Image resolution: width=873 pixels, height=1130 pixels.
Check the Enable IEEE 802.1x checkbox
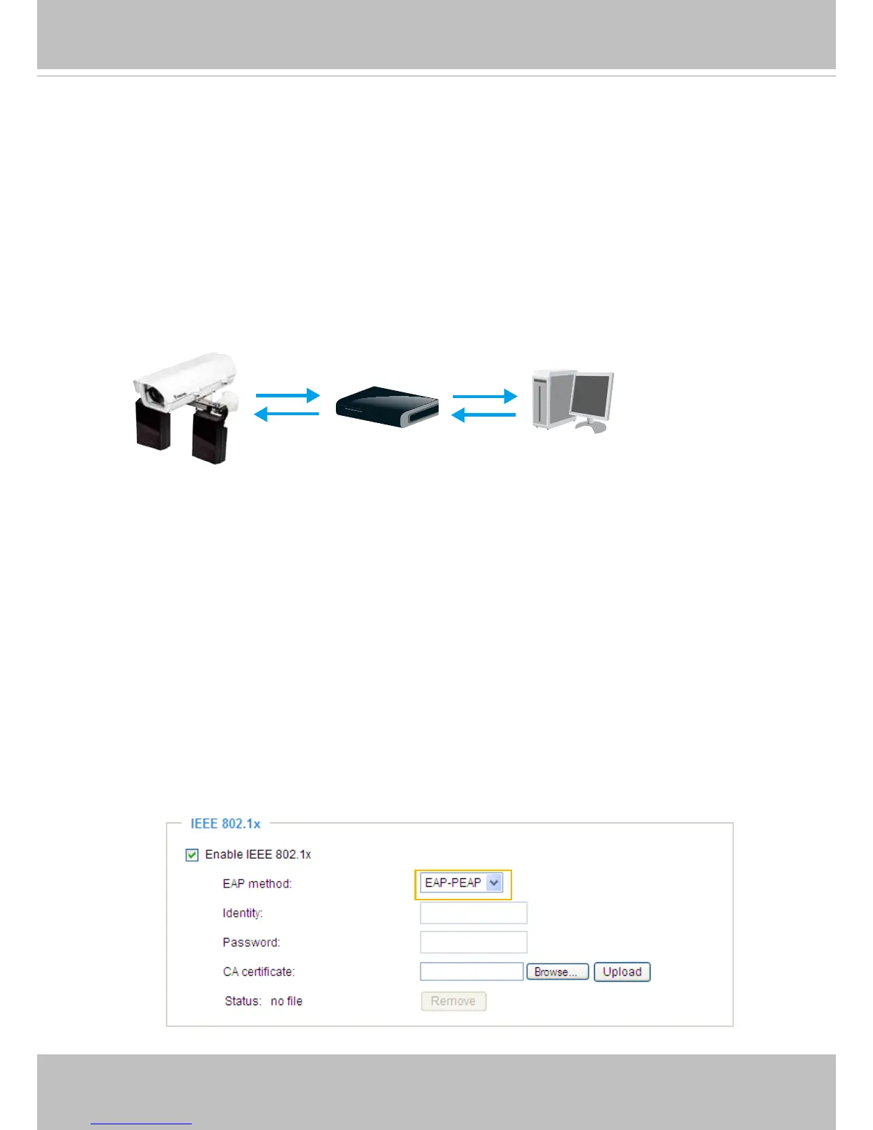192,855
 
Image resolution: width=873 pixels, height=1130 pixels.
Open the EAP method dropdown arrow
494,883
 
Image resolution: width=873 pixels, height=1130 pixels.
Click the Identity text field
474,913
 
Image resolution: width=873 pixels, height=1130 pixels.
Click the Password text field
474,942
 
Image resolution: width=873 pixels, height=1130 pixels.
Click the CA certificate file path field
471,972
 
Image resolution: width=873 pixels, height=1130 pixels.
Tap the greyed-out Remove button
453,1002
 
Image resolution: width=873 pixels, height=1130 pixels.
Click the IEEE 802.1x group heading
225,824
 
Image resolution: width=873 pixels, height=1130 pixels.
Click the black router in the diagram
387,407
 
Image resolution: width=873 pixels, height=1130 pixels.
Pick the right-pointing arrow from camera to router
287,395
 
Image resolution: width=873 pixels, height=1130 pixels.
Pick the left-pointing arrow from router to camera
287,414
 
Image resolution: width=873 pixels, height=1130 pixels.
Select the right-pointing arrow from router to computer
484,396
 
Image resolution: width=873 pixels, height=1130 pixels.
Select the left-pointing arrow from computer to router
484,414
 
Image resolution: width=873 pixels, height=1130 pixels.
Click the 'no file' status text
287,1002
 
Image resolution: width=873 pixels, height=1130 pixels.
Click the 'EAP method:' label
257,884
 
